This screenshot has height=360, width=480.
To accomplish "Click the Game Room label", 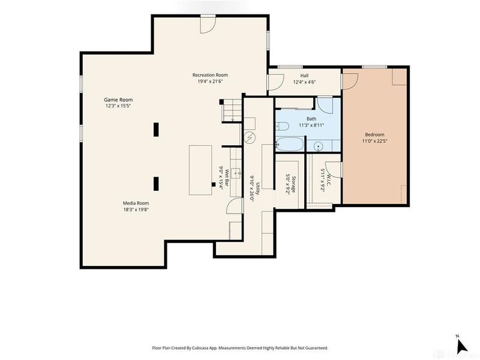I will pyautogui.click(x=118, y=100).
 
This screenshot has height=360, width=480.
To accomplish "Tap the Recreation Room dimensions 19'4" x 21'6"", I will pyautogui.click(x=210, y=82).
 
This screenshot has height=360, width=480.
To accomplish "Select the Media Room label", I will pyautogui.click(x=136, y=203).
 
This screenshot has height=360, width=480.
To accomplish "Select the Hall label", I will pyautogui.click(x=304, y=76).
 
